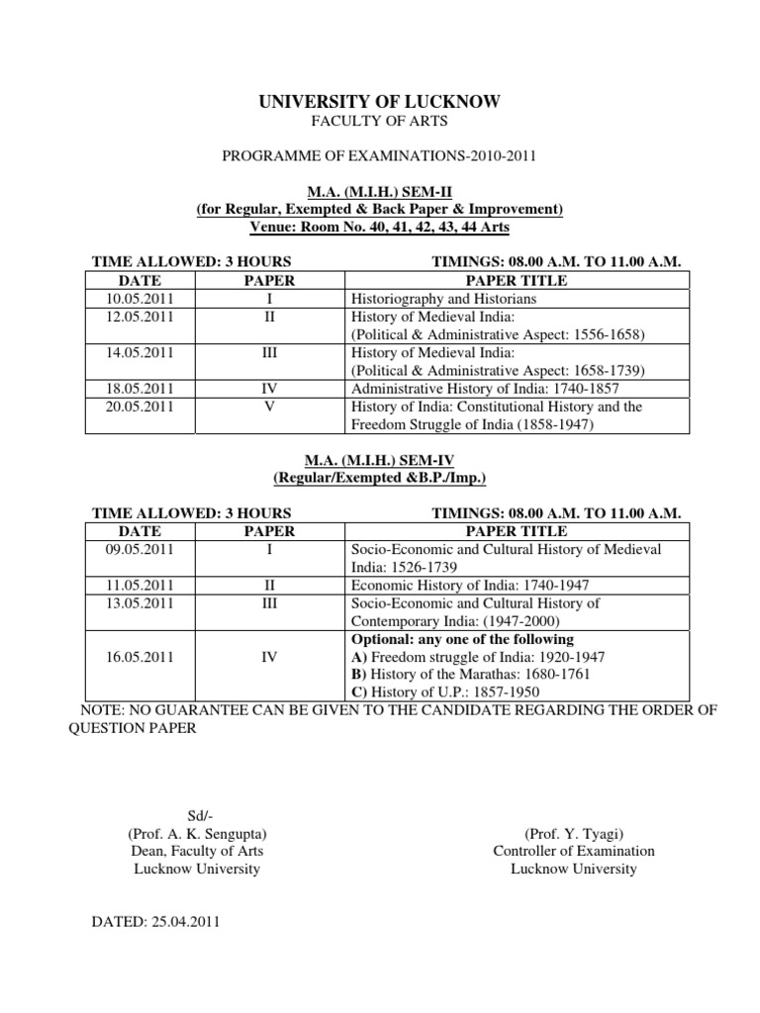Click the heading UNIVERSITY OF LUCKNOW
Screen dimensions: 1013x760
click(x=379, y=102)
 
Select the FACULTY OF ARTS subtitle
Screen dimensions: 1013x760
click(x=379, y=122)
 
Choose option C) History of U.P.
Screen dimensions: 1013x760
click(x=448, y=692)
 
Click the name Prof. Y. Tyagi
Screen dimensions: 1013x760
click(x=574, y=833)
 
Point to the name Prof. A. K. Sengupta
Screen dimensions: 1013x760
click(x=197, y=833)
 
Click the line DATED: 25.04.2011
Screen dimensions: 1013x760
click(x=155, y=922)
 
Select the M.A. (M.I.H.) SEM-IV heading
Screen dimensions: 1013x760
click(x=379, y=461)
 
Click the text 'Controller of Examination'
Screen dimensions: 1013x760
click(x=574, y=851)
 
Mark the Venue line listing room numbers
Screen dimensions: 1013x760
click(x=379, y=227)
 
